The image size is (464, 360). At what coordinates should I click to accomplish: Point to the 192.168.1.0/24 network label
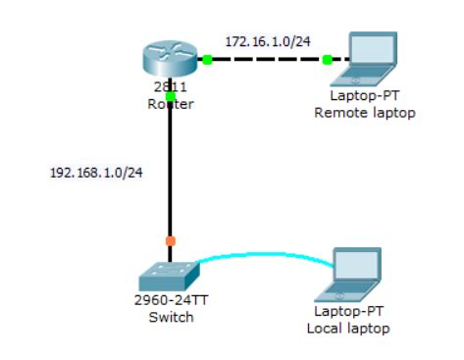coord(96,174)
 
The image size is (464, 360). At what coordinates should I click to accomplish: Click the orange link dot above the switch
coord(171,239)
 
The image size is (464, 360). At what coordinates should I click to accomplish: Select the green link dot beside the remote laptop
coord(328,60)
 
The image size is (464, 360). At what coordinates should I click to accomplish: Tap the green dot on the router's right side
coord(207,60)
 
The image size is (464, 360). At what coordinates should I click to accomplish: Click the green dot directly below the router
coord(171,97)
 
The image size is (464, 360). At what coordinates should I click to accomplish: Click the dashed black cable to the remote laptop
coord(267,60)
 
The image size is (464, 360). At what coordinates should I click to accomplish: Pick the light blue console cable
coord(265,257)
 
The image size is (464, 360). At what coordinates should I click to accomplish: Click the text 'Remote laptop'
coord(364,113)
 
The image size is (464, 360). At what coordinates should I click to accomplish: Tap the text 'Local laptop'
coord(348,328)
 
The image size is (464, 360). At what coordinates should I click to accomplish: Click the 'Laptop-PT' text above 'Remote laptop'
coord(364,98)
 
